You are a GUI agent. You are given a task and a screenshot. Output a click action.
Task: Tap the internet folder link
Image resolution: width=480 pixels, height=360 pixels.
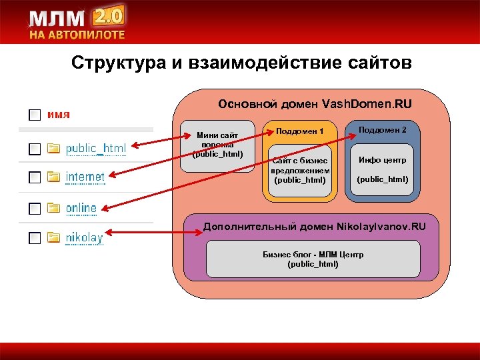coord(85,177)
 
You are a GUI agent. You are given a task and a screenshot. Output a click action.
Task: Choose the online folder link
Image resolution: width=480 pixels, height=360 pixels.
coord(81,208)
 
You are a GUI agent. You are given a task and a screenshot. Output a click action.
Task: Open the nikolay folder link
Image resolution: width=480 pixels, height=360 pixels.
coord(83,237)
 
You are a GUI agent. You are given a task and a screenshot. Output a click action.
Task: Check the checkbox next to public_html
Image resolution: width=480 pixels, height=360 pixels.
coord(34,148)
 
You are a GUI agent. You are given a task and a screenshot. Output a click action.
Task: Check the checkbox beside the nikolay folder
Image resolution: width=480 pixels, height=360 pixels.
coord(34,238)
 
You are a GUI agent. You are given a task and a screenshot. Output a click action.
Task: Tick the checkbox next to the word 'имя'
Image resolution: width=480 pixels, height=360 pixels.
coord(34,115)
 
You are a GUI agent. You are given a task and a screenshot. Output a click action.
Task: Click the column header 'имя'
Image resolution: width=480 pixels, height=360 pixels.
coord(59,114)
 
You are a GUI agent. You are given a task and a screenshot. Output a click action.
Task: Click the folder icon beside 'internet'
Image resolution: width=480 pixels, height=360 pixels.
coord(54,178)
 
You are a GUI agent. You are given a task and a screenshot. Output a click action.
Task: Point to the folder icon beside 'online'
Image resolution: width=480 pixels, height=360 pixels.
coord(54,209)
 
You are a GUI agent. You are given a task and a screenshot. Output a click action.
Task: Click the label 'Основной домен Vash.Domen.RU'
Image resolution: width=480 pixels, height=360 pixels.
coord(315,104)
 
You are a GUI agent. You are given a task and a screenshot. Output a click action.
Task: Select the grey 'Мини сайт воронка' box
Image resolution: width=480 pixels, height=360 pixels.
coord(217,145)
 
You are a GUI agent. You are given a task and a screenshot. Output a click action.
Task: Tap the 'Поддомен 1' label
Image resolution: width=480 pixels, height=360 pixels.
coord(299,131)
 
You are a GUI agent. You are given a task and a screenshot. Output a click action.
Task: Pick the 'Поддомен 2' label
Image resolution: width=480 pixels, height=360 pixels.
coord(382,129)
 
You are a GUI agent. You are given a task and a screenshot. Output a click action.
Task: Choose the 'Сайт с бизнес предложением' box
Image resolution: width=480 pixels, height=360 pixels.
coord(299,170)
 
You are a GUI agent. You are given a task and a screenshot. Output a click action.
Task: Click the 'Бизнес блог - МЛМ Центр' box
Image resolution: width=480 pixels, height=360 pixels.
coord(313,259)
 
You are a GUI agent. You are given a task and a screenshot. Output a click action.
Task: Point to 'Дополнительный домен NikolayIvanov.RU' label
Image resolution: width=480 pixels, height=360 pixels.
coord(313,227)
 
